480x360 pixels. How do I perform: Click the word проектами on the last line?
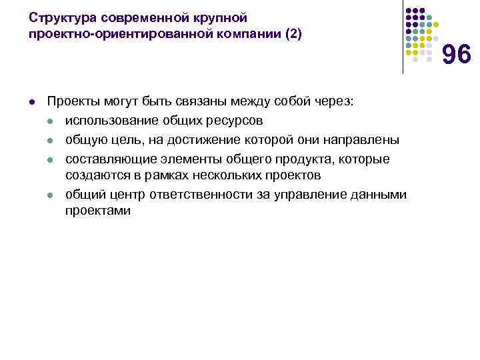[98, 211]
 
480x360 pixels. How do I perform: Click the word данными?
[379, 193]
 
